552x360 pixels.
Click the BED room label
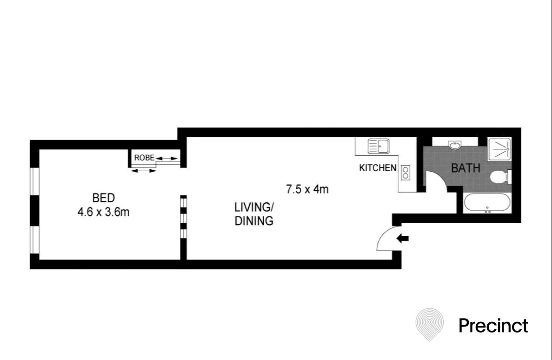[x=104, y=198]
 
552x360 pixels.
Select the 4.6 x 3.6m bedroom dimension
[x=104, y=212]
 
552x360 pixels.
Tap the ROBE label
[x=144, y=158]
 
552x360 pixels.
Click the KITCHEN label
[x=378, y=168]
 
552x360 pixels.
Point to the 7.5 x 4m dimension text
[x=307, y=189]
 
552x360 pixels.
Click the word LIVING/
[x=254, y=207]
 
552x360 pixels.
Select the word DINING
[x=254, y=221]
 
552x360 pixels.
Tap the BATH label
[x=466, y=168]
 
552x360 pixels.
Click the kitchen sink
[x=379, y=146]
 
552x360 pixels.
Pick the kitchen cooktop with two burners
[x=406, y=173]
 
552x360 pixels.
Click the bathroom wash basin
[x=455, y=145]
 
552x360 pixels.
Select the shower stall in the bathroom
[x=499, y=149]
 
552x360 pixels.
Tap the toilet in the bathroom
[x=500, y=176]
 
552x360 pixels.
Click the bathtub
[x=487, y=203]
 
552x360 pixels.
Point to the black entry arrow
[x=402, y=239]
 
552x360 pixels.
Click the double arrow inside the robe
[x=167, y=159]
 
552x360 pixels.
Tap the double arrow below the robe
[x=143, y=171]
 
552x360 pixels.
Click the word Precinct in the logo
[x=493, y=326]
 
